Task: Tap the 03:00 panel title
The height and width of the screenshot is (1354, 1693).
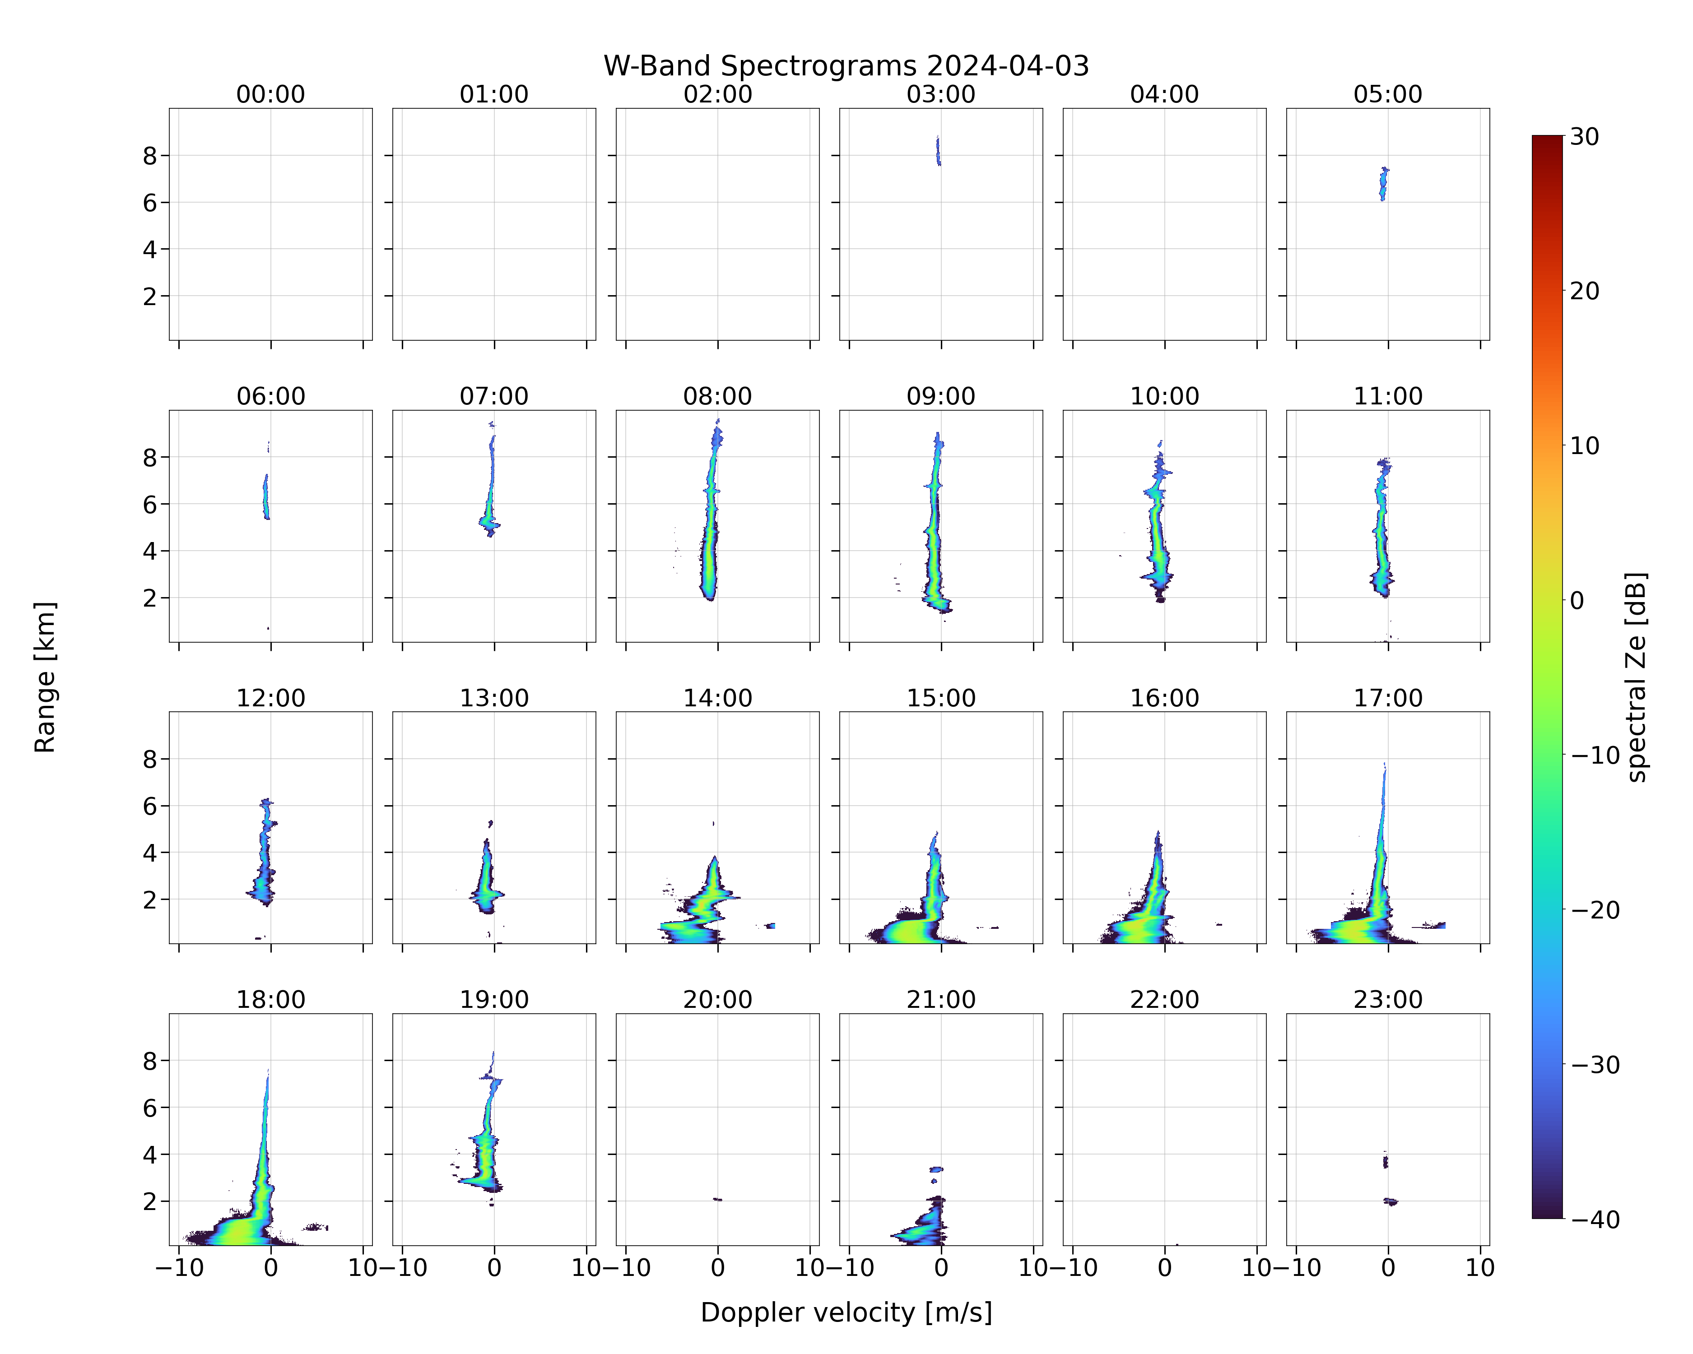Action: (x=941, y=94)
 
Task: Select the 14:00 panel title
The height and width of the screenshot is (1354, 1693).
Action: (x=718, y=698)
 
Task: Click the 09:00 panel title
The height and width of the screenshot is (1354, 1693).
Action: (x=941, y=396)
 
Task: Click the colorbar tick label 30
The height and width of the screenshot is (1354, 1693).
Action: (x=1585, y=137)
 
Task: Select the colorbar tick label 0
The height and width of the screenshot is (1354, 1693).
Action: (x=1577, y=600)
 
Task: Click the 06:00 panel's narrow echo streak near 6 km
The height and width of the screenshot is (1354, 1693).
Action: (x=265, y=496)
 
